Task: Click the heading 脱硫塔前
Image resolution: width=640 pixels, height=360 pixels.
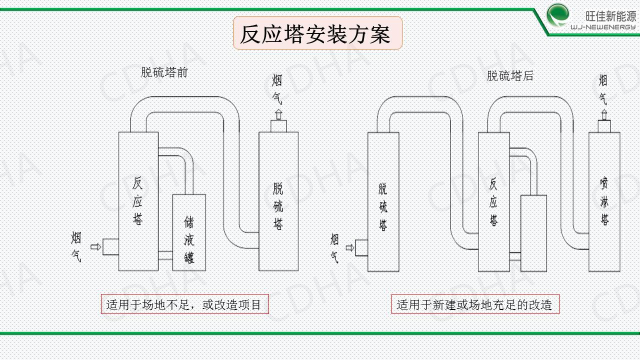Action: (x=164, y=72)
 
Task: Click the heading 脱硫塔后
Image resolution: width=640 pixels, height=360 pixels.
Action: (x=510, y=76)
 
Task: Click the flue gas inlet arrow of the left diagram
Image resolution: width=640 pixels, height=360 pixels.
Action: (x=95, y=246)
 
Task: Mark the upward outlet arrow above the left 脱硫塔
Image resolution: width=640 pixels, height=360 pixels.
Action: (x=278, y=114)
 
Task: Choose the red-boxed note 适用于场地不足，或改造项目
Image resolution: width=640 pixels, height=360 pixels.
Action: (x=184, y=304)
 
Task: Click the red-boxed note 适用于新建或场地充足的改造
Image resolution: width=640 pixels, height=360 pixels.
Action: (x=475, y=304)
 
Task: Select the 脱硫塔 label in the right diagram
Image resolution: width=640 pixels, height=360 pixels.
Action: (x=383, y=207)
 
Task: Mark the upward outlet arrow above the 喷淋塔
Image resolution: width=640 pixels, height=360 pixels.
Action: (x=604, y=115)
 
